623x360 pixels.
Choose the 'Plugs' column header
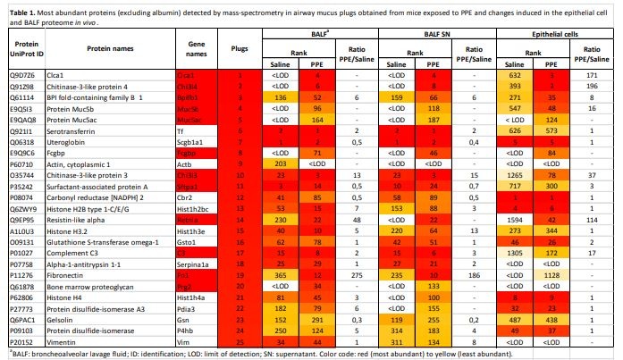click(x=239, y=47)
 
